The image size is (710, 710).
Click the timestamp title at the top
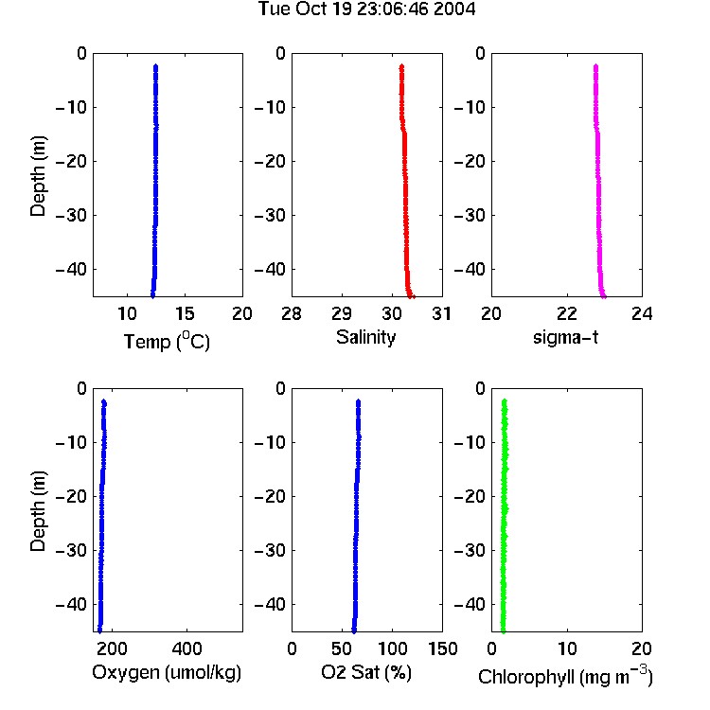pos(366,9)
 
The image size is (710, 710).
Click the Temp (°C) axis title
pos(167,342)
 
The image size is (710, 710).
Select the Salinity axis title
pos(365,337)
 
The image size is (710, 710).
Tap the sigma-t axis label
pos(565,337)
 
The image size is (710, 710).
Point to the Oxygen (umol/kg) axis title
pos(167,673)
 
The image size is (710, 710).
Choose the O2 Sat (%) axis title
pos(366,672)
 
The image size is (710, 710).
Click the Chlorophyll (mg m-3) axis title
pos(565,676)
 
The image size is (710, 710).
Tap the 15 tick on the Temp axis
pos(185,313)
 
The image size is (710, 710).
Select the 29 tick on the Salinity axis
pos(342,313)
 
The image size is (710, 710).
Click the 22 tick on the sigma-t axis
pos(566,313)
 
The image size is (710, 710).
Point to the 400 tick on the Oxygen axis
pos(187,648)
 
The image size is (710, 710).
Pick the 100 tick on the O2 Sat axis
pos(392,648)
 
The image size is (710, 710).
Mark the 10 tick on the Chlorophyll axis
pos(567,648)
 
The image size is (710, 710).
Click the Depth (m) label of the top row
pos(38,176)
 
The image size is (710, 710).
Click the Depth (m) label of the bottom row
pos(38,511)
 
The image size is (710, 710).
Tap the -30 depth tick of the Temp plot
pos(71,215)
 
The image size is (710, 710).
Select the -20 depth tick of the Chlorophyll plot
pos(470,496)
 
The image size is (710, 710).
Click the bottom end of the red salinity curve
pos(410,296)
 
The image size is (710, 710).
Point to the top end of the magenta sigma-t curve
pos(595,66)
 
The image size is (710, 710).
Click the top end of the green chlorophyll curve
pos(504,400)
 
